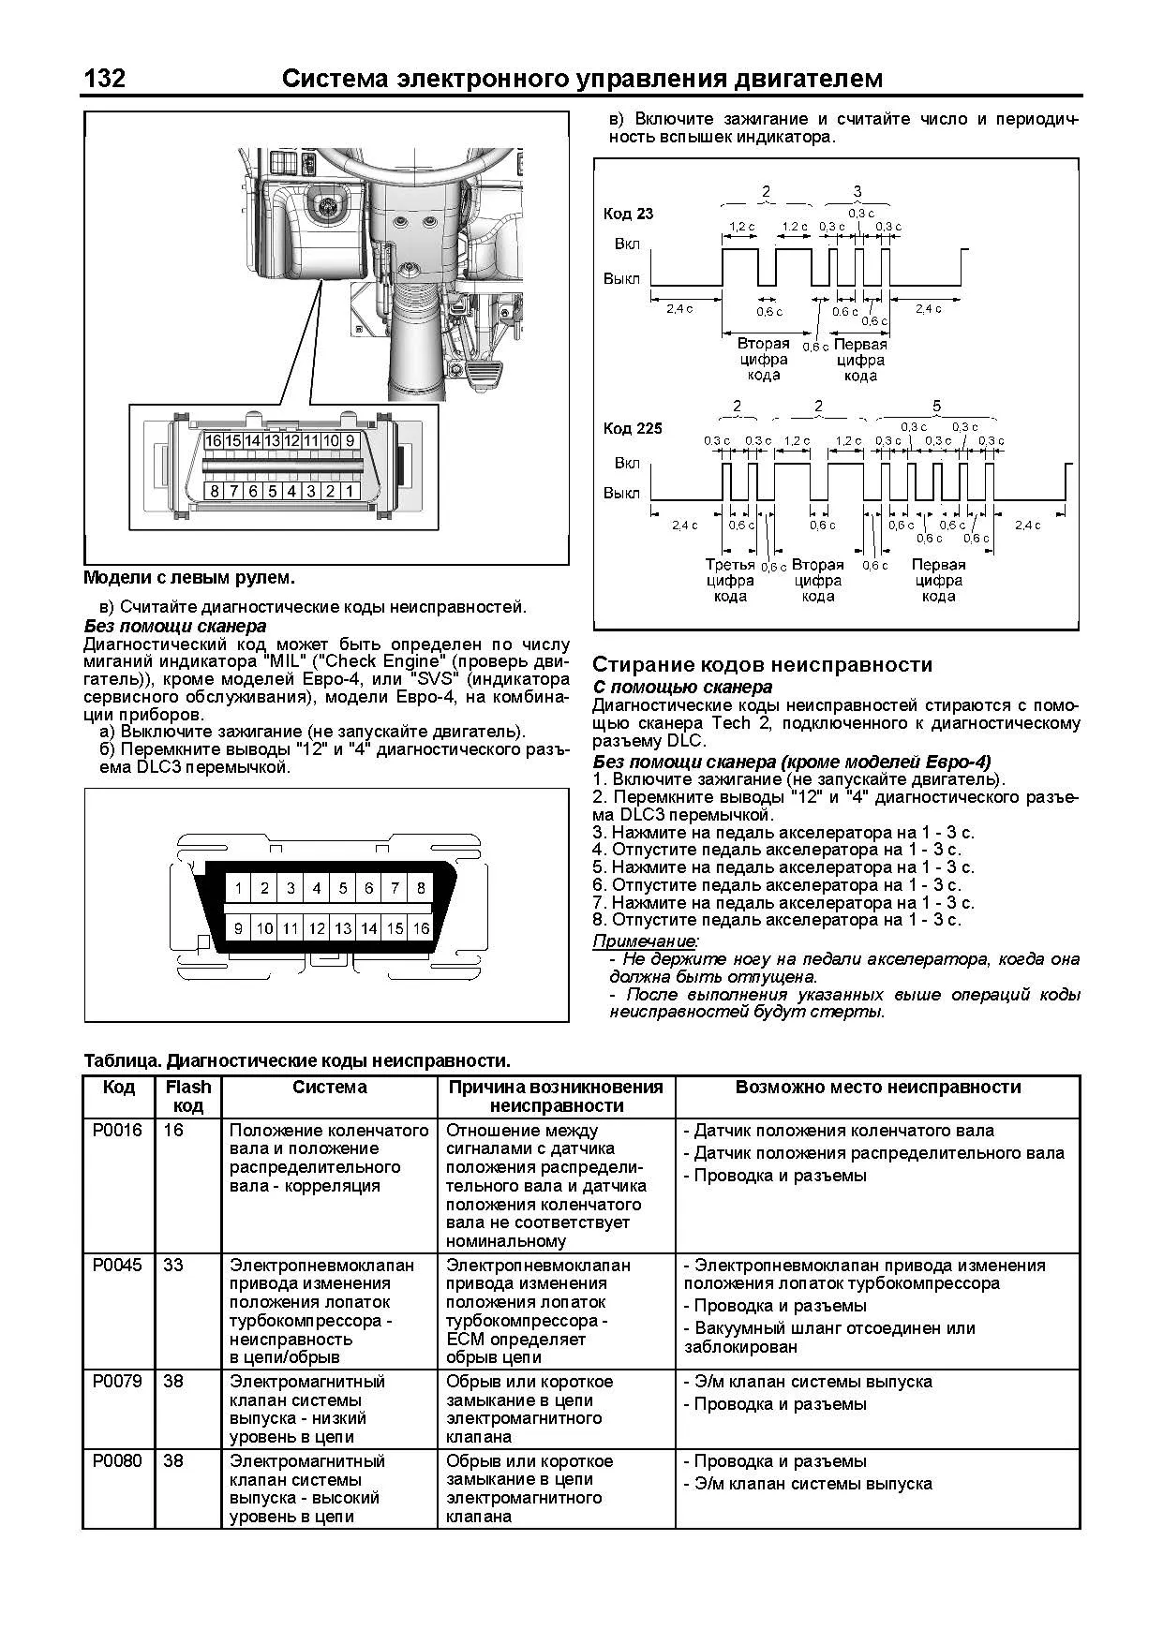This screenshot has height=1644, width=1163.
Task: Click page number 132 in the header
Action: tap(105, 79)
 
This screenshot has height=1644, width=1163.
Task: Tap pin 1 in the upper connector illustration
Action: tap(350, 490)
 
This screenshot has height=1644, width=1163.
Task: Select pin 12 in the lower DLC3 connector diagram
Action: tap(317, 928)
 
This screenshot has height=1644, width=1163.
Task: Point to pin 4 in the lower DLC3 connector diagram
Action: tap(317, 888)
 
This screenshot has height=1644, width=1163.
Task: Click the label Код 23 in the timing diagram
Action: tap(628, 214)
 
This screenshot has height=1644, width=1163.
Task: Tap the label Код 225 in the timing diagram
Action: tap(633, 428)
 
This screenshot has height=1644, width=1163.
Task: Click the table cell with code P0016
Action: tap(117, 1131)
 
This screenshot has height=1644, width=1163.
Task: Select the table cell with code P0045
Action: tap(117, 1266)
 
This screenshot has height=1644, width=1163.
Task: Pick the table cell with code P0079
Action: tap(117, 1382)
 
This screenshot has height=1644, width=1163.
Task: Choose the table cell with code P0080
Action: tap(117, 1461)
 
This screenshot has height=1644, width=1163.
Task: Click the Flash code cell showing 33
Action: tap(173, 1266)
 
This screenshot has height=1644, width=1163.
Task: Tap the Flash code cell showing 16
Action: tap(173, 1131)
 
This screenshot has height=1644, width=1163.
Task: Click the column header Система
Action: tap(330, 1088)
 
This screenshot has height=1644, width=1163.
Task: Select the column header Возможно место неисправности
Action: tap(877, 1088)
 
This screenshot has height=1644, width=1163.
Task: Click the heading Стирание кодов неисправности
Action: tap(762, 665)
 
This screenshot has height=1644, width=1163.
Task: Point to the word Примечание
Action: tap(646, 940)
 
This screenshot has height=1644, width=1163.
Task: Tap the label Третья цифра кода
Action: tap(730, 580)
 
